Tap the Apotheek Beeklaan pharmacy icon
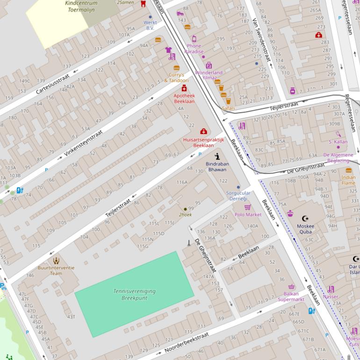point(184,88)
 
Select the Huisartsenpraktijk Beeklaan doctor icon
point(203,131)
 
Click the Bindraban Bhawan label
point(217,166)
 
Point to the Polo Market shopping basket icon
point(247,207)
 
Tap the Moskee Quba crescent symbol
point(306,218)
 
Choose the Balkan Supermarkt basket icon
point(291,287)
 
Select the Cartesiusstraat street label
point(52,84)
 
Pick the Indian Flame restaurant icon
point(348,171)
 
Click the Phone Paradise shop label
point(194,49)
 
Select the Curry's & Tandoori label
point(176,78)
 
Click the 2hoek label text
point(185,215)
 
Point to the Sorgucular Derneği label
point(238,195)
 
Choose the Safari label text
point(228,108)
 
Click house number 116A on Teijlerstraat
point(182,182)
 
